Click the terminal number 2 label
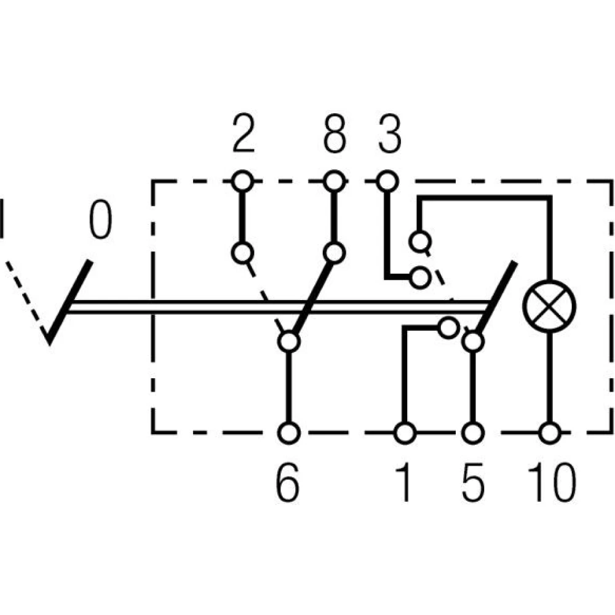coord(244,137)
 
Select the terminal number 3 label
coord(389,137)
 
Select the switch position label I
coord(2,218)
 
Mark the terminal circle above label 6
coord(288,433)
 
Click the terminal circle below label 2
coord(243,181)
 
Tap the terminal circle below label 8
coord(334,181)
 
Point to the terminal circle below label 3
coord(386,181)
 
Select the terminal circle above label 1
coord(404,433)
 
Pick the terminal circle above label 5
coord(472,433)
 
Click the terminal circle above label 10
coord(549,433)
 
